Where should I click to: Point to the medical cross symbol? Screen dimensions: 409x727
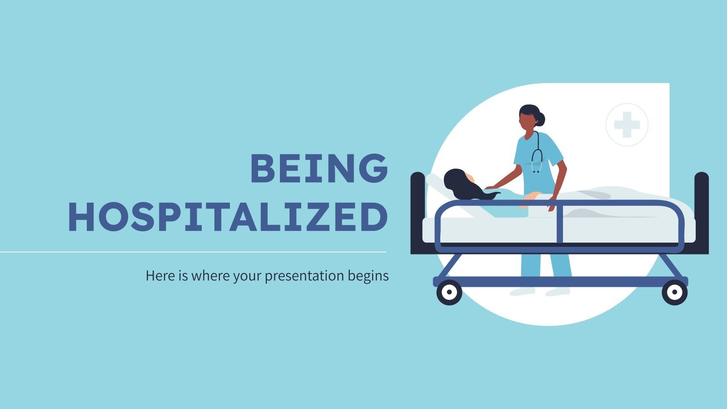click(627, 125)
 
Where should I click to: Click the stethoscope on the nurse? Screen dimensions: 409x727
click(537, 157)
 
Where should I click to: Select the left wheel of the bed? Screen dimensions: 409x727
click(449, 292)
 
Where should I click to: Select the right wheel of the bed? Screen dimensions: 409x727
click(674, 292)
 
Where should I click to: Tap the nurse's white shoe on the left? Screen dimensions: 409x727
click(523, 291)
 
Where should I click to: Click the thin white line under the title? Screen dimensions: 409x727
click(193, 252)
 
